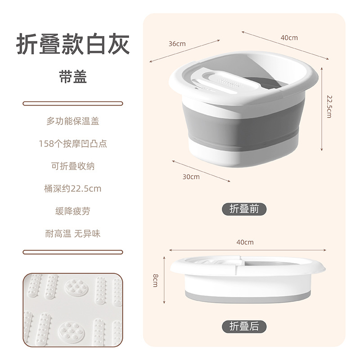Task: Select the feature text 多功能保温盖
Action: (72, 121)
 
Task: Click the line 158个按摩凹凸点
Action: (72, 144)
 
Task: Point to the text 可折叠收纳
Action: (72, 166)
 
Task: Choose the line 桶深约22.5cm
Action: (72, 189)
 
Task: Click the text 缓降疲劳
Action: (72, 211)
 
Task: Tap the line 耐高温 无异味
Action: (72, 234)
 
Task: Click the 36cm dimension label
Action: (177, 44)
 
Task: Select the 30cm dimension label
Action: (191, 176)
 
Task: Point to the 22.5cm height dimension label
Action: (329, 107)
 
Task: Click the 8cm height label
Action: (155, 279)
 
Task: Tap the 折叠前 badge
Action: (244, 209)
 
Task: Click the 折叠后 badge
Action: (244, 326)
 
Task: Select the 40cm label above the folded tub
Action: (244, 242)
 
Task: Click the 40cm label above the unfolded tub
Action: (289, 38)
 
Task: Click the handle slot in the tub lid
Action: (211, 76)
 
